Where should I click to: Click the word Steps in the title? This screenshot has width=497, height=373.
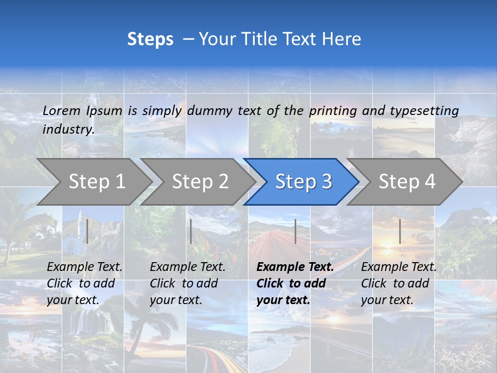150,39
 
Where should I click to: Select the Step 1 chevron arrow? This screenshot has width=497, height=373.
96,181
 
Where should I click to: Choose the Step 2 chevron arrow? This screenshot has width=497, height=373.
200,181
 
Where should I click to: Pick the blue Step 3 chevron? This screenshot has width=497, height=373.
303,181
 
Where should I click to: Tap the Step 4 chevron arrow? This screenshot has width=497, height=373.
406,181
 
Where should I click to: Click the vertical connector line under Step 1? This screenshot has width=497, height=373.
87,231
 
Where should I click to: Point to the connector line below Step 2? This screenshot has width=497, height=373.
191,231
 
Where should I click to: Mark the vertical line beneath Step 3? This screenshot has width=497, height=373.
295,231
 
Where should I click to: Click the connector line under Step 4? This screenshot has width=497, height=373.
400,231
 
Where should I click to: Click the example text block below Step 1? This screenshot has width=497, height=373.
84,283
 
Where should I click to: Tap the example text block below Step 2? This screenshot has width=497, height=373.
187,283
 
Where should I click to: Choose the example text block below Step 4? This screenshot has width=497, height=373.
399,283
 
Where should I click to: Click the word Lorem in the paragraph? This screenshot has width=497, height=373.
61,110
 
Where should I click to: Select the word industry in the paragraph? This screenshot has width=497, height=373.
68,130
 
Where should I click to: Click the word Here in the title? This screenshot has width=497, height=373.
341,39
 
